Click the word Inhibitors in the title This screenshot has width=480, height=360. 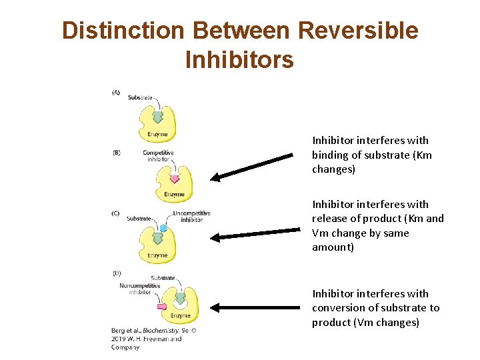(239, 59)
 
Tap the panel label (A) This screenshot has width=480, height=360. (116, 93)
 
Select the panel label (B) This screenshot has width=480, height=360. (116, 153)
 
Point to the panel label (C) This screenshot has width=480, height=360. (116, 213)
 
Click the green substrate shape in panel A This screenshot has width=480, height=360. (158, 117)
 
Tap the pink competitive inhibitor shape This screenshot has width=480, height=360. (175, 178)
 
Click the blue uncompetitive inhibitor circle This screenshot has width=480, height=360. (163, 228)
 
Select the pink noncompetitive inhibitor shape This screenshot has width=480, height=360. (161, 306)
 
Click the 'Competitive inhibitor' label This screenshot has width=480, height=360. (158, 156)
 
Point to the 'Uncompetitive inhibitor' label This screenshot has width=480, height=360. (191, 217)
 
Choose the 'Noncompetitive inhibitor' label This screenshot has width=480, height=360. (140, 289)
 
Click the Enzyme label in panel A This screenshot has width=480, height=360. (157, 134)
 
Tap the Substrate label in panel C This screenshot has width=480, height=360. (139, 219)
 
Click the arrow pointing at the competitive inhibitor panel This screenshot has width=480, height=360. (252, 166)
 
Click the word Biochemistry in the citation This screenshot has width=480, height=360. (159, 330)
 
